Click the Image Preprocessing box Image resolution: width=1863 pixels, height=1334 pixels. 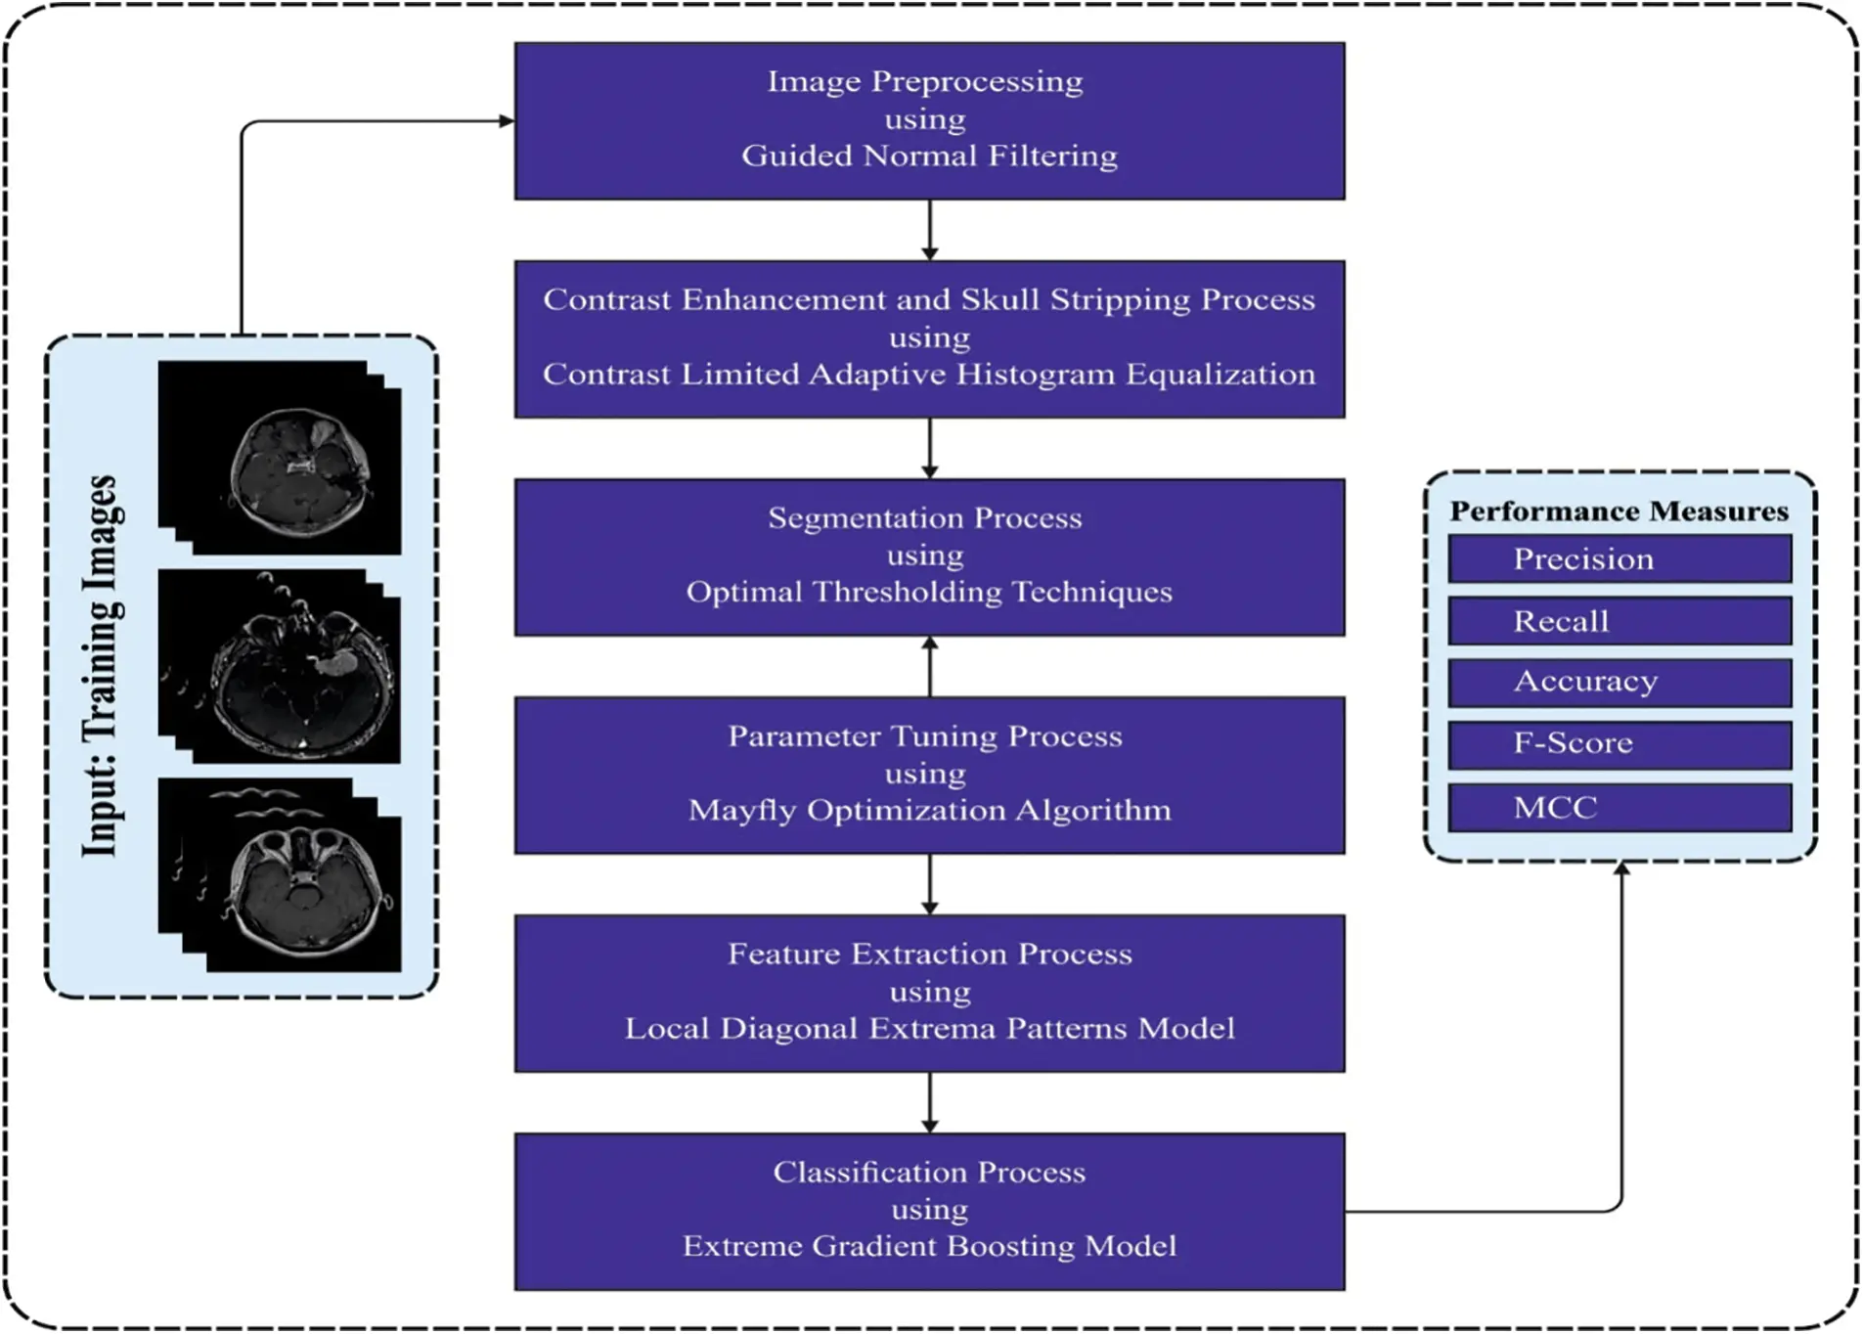click(929, 120)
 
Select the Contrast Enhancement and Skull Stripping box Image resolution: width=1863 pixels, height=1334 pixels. click(929, 338)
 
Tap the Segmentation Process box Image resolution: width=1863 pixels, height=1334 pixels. click(929, 556)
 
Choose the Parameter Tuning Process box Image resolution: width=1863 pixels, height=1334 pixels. click(929, 775)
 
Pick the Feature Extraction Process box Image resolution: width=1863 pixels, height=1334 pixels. click(929, 993)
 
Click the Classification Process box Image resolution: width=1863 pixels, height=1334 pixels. click(929, 1211)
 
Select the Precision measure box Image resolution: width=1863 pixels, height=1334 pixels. click(1619, 558)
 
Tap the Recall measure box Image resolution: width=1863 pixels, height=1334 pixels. click(1619, 621)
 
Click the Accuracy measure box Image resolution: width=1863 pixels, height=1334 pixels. click(1619, 682)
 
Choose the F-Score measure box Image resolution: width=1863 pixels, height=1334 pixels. click(1619, 744)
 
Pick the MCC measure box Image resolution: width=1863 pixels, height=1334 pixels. click(1619, 808)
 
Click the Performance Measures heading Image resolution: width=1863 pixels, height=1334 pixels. click(1619, 511)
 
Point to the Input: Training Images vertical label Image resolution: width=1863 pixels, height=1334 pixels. click(102, 666)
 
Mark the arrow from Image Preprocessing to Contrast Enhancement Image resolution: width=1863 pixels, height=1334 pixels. click(929, 230)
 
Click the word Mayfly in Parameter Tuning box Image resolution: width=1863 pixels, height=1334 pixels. click(742, 811)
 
